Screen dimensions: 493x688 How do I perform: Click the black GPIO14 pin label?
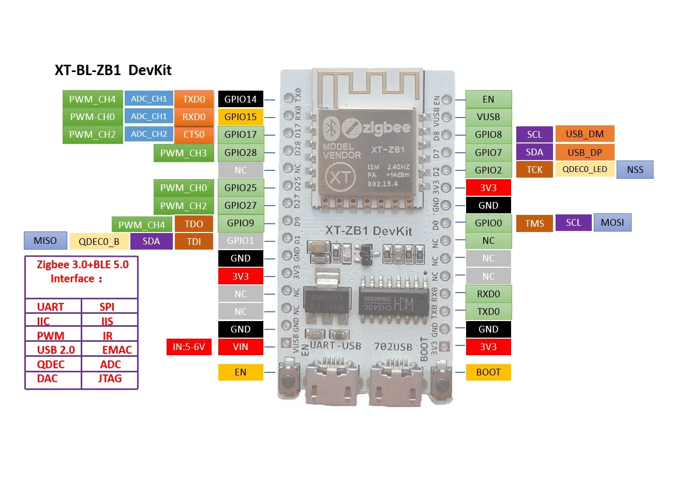[241, 99]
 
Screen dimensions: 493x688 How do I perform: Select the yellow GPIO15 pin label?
[241, 117]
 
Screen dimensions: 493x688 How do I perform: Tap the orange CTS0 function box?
[194, 135]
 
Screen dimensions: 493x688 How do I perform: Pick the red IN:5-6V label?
[189, 347]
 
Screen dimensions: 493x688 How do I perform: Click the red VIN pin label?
[241, 347]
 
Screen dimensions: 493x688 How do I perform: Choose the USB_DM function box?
[585, 134]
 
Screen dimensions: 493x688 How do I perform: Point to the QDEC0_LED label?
[585, 169]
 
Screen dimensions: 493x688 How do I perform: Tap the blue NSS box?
[635, 170]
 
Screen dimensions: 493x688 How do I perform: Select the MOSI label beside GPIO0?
[612, 223]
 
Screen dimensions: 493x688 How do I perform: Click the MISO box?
[46, 241]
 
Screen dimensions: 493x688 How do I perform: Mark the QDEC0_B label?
[99, 242]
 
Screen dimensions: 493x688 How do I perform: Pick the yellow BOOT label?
[488, 372]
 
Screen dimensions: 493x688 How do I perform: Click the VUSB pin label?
[488, 117]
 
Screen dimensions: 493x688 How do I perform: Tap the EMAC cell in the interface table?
[116, 350]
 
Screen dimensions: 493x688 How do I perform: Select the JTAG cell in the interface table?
[110, 379]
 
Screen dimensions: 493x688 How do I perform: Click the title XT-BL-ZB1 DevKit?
[113, 70]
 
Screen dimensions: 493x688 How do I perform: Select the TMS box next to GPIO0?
[534, 224]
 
